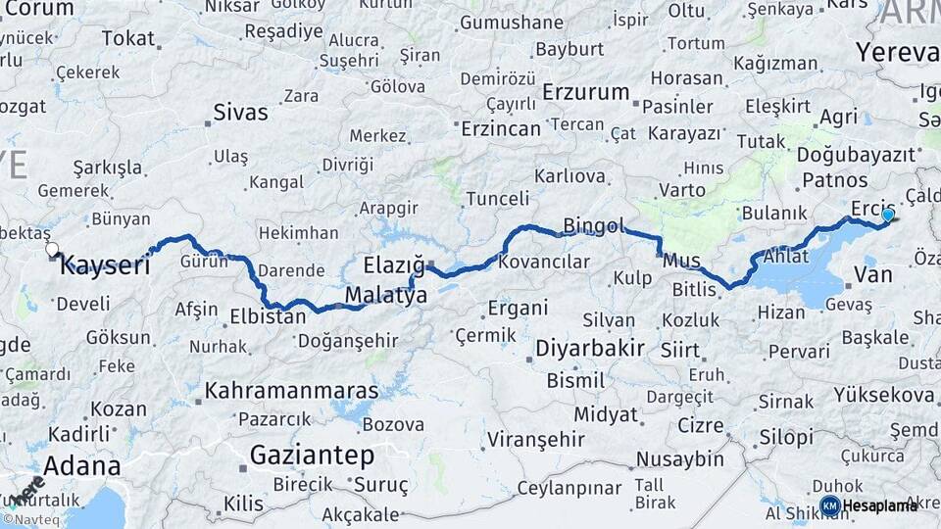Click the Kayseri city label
tap(108, 264)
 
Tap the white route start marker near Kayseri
tap(52, 250)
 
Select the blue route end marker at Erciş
tap(888, 215)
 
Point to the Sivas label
tap(240, 112)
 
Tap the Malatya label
tap(385, 295)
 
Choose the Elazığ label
tap(394, 264)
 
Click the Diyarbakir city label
tap(590, 348)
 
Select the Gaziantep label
tap(312, 455)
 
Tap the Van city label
tap(872, 274)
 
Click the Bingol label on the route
tap(594, 226)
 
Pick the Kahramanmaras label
tap(291, 391)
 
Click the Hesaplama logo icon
tap(829, 505)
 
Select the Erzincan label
tap(501, 128)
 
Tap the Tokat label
tap(128, 38)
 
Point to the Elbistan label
tap(268, 316)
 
